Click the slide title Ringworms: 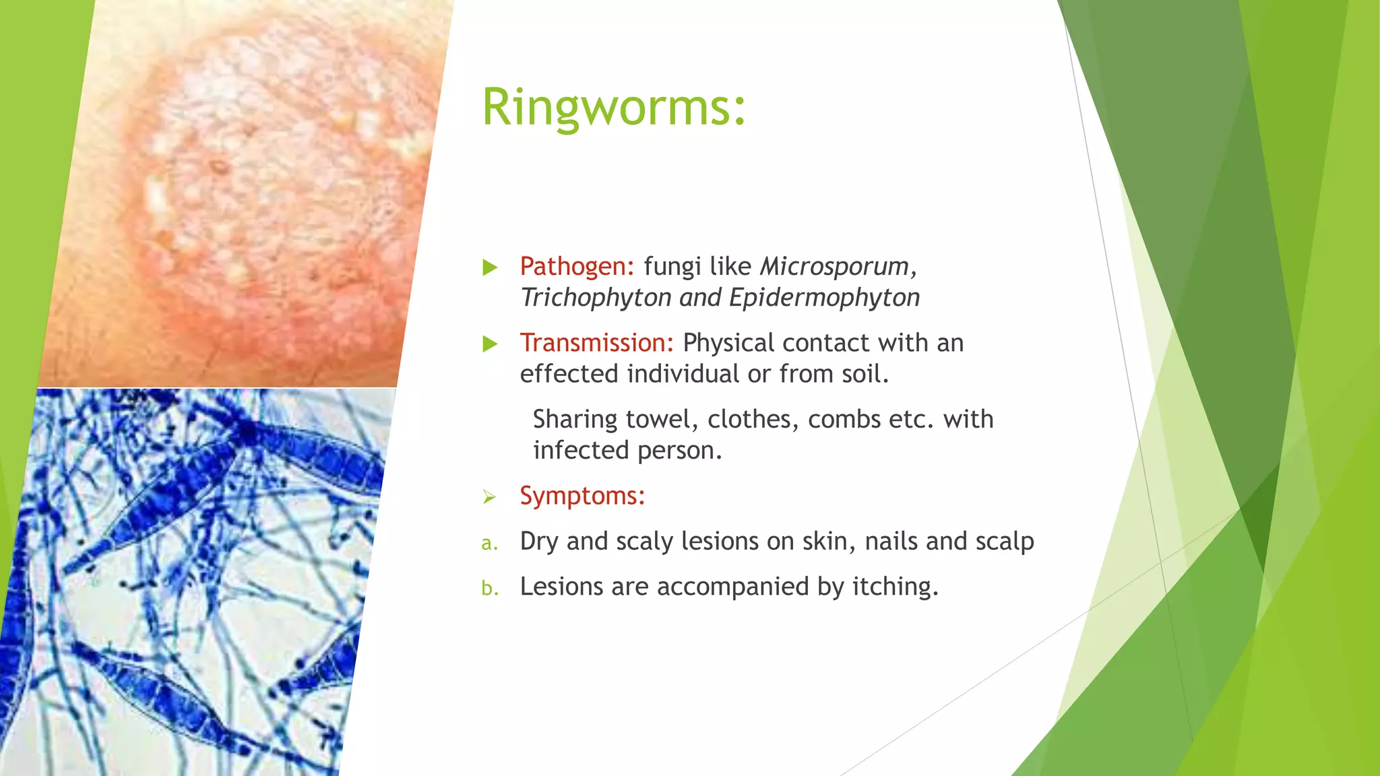coord(614,108)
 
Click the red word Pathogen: coord(577,267)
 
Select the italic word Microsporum coord(834,267)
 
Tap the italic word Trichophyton coord(596,298)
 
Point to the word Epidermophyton coord(824,298)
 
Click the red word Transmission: coord(596,343)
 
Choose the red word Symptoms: coord(582,496)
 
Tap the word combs coord(844,419)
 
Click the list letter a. coord(490,543)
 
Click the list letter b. coord(490,588)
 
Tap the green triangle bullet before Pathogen coord(490,268)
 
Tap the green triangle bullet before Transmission coord(490,344)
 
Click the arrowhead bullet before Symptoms coord(489,497)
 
